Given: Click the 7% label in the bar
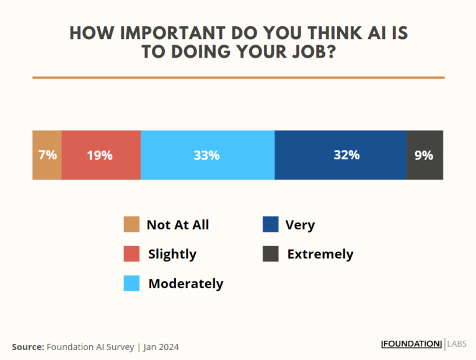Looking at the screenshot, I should click(x=47, y=155).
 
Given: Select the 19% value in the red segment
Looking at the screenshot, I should click(x=100, y=156).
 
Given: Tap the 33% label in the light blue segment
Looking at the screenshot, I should click(x=206, y=156).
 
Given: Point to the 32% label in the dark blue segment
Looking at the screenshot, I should click(x=346, y=155).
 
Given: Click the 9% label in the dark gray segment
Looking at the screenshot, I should click(x=424, y=155).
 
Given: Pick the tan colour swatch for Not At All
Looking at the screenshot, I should click(x=131, y=224).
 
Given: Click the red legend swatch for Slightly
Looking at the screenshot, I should click(x=131, y=253).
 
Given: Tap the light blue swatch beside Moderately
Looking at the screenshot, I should click(x=131, y=283).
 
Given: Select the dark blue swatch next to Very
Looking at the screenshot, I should click(x=270, y=224).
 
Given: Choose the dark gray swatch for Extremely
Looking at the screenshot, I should click(x=270, y=253).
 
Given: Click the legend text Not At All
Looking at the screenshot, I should click(x=178, y=225).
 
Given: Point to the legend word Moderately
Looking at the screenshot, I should click(x=185, y=284).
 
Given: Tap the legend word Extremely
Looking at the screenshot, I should click(x=320, y=254).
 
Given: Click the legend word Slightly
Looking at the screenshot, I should click(x=172, y=254).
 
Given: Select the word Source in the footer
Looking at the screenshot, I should click(x=27, y=346).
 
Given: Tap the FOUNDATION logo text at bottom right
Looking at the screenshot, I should click(x=411, y=344).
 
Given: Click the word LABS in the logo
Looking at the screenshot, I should click(x=459, y=344).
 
